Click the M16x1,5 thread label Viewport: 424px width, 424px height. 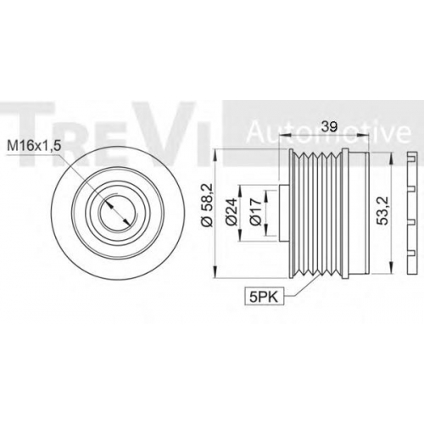33,146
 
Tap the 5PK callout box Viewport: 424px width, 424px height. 264,296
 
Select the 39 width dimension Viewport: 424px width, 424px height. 330,126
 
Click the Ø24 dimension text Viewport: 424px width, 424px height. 232,212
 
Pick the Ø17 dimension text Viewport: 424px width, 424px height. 256,212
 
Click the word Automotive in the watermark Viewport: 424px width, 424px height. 329,132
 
